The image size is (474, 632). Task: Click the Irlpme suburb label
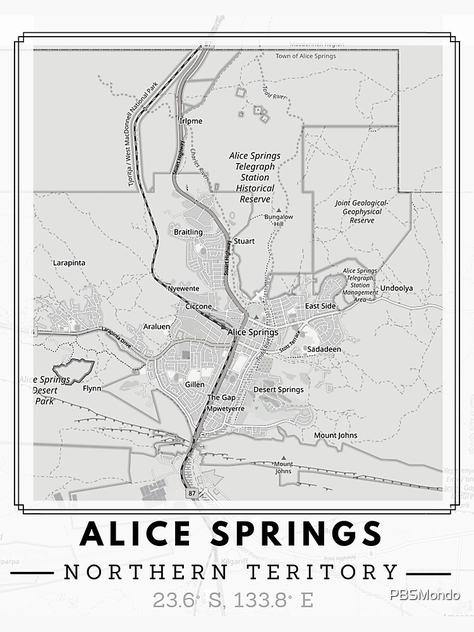(x=191, y=121)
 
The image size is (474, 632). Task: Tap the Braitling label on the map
(x=188, y=232)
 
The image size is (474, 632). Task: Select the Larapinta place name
(x=69, y=263)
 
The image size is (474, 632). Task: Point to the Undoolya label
(x=396, y=289)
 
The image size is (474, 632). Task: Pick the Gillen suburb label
(x=195, y=384)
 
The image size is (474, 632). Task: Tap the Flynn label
(x=92, y=389)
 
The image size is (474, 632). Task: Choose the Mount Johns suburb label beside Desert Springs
(x=336, y=435)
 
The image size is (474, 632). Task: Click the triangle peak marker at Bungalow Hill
(x=278, y=210)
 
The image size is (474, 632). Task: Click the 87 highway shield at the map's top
(x=209, y=44)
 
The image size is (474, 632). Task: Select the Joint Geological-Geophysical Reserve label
(x=362, y=211)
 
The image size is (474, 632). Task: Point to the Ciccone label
(x=198, y=307)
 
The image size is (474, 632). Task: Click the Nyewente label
(x=183, y=288)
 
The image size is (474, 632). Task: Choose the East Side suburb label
(x=320, y=307)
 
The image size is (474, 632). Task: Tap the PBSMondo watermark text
(x=425, y=595)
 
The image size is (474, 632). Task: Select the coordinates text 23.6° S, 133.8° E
(x=233, y=599)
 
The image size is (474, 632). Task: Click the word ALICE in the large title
(x=135, y=534)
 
